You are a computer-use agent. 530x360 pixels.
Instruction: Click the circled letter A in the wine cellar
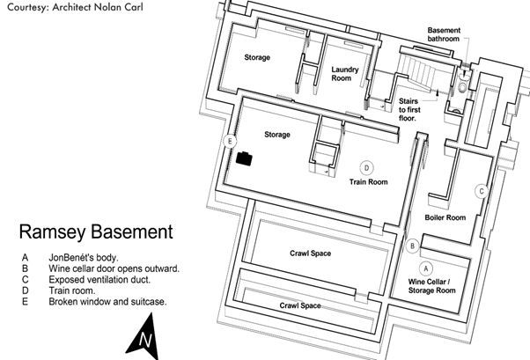point(425,266)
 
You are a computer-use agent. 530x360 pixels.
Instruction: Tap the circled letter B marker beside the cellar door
point(413,246)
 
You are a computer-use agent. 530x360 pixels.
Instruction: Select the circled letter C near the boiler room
point(482,191)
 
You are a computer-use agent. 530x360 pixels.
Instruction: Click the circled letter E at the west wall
point(231,142)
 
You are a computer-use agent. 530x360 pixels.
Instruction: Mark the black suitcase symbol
point(244,158)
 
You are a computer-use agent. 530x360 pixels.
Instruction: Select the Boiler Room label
point(445,217)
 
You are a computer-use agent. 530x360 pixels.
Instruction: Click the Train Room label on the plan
point(369,182)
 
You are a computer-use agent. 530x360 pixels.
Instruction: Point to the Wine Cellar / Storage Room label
point(431,285)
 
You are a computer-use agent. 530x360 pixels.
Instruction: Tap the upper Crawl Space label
point(310,253)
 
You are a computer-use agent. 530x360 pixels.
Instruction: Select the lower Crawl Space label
point(299,305)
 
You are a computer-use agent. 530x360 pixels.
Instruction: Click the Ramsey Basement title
point(95,232)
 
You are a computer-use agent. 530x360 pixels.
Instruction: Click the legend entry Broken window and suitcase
point(107,300)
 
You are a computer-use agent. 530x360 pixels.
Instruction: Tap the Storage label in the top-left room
point(257,57)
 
